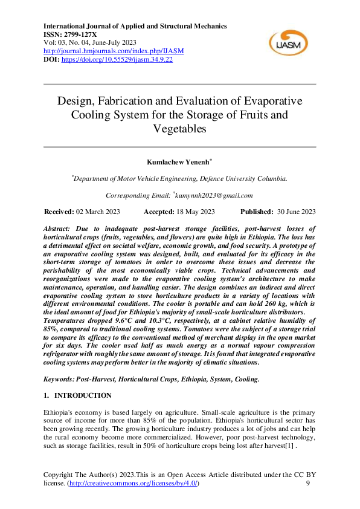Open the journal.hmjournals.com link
(114, 51)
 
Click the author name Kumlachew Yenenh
(179, 163)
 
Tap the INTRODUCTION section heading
(83, 395)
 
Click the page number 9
(308, 484)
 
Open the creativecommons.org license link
(133, 484)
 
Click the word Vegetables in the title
(179, 129)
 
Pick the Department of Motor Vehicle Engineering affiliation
(180, 179)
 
